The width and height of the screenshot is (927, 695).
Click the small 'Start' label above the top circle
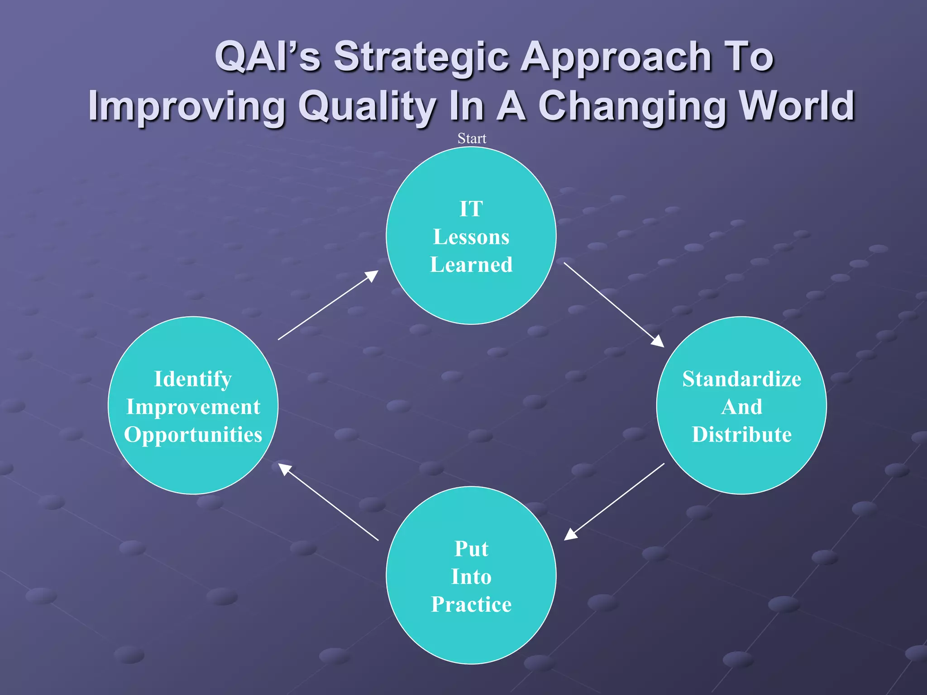[x=472, y=138]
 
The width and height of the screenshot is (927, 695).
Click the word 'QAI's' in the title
[x=268, y=57]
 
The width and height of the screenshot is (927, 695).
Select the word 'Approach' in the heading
[x=616, y=58]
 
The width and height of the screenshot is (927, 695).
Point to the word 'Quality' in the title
[x=367, y=107]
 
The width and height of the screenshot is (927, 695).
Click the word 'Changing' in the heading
[x=632, y=107]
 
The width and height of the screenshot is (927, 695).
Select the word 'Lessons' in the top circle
[x=471, y=237]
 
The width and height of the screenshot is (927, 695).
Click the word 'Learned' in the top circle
[x=471, y=265]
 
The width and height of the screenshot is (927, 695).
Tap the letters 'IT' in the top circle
[x=471, y=209]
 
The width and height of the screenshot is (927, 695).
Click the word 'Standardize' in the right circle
[x=741, y=379]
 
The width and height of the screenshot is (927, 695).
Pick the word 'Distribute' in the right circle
[x=741, y=435]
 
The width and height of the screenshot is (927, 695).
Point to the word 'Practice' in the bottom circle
[x=471, y=605]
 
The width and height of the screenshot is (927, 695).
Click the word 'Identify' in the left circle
[x=193, y=379]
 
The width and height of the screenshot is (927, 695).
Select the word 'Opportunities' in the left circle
[x=193, y=435]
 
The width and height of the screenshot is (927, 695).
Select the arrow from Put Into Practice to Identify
[x=328, y=502]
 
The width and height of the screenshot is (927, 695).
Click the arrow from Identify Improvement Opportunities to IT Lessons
[x=328, y=305]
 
